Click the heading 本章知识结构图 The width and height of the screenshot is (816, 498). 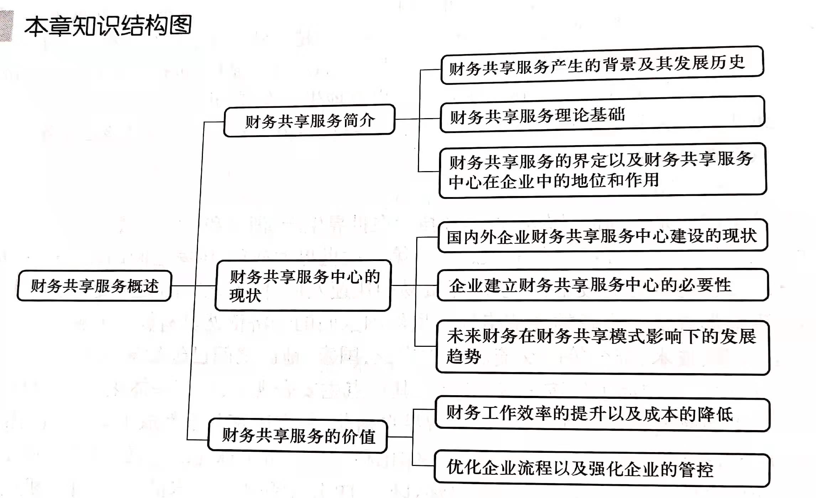coord(108,26)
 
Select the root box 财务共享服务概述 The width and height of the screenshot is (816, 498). coord(94,286)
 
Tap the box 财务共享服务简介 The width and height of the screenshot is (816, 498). coord(309,121)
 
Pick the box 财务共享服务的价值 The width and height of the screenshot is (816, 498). coord(298,436)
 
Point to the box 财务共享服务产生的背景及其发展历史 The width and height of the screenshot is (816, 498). coord(602,65)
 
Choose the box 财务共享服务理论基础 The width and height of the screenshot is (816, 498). coord(602,115)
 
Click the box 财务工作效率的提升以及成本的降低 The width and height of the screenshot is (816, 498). coord(602,414)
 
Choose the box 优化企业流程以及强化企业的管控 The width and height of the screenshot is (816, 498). coord(602,468)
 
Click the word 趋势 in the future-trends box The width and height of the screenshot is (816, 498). coord(464,356)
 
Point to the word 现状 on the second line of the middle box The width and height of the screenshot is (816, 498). coord(245,296)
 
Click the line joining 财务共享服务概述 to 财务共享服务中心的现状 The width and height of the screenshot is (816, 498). coord(193,286)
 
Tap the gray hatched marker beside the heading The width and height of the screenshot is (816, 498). coord(6,26)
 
